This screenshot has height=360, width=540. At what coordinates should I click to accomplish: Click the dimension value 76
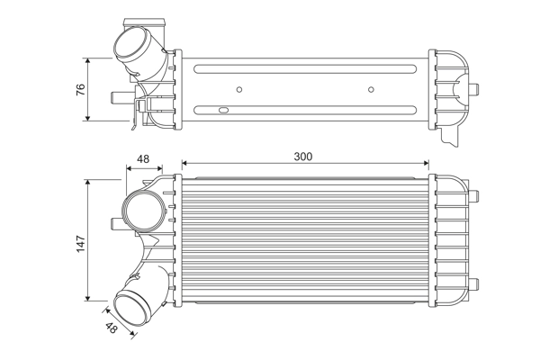(x=80, y=89)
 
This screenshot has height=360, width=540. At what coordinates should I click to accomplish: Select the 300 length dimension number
(x=303, y=157)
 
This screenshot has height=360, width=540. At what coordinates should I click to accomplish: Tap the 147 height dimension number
(x=80, y=241)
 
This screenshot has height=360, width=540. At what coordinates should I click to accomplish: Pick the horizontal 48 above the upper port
(x=142, y=159)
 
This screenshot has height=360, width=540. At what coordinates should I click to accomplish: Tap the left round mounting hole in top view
(x=238, y=89)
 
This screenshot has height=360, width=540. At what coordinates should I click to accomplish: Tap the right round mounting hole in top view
(x=371, y=89)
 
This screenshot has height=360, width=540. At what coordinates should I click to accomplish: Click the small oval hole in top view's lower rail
(x=218, y=110)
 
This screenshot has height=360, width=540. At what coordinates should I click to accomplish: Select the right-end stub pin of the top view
(x=479, y=88)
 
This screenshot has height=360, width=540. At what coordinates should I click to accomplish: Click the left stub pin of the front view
(x=114, y=222)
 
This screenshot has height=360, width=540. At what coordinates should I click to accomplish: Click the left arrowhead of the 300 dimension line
(x=185, y=165)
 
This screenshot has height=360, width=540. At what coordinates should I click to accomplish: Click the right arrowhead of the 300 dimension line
(x=425, y=165)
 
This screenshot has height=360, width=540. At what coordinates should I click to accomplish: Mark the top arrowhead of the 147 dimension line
(x=87, y=182)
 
